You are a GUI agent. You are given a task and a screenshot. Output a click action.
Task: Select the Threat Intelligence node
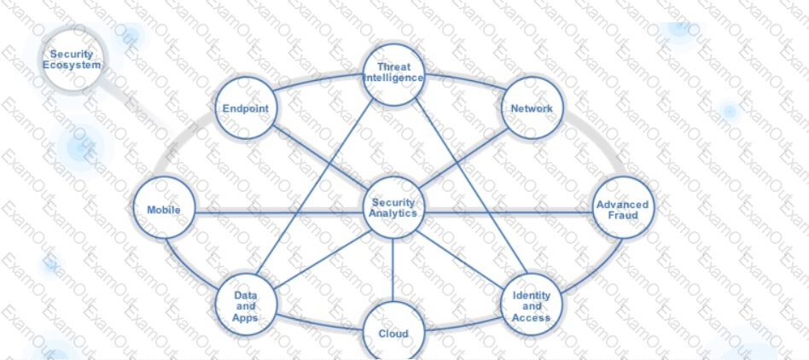pos(393,73)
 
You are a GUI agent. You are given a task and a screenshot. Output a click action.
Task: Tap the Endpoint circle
pos(246,108)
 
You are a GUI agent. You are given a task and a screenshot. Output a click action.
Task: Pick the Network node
pos(532,108)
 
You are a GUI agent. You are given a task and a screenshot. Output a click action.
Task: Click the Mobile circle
pos(164,210)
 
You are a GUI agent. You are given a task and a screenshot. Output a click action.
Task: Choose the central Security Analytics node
pos(393,208)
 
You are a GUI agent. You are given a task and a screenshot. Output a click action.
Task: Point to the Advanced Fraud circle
pos(623,209)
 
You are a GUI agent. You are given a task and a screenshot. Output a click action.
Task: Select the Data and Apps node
pos(246,306)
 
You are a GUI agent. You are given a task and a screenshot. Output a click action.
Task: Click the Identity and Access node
pos(532,306)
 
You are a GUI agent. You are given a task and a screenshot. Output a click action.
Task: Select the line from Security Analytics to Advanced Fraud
pos(508,212)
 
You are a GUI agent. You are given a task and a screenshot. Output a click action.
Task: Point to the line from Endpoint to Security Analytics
pos(317,157)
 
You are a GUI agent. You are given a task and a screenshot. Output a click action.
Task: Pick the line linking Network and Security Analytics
pos(465,159)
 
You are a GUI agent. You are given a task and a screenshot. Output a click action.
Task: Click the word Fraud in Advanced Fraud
pos(623,216)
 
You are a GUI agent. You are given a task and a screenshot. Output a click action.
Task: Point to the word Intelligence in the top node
pos(393,78)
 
